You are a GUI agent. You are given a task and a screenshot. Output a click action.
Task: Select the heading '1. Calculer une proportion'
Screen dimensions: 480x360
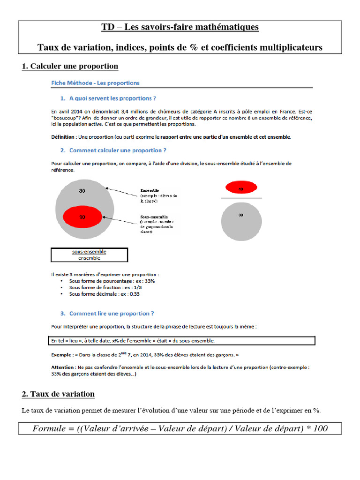pos(70,66)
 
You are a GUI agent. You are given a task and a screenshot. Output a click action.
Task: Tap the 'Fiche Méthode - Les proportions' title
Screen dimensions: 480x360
pos(95,83)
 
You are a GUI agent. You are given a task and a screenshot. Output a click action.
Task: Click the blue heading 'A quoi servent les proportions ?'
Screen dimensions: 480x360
pos(112,98)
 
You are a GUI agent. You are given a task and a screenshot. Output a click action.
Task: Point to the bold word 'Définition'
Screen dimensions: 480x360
pos(62,137)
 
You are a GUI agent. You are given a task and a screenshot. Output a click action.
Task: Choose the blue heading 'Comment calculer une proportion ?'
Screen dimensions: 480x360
pos(118,150)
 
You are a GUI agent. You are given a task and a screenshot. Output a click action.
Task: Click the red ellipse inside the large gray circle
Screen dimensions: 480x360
pos(82,217)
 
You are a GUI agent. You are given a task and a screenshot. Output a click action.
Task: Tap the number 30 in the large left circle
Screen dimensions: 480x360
pos(82,191)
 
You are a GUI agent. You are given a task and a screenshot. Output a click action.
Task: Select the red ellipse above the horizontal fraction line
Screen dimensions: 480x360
pos(241,188)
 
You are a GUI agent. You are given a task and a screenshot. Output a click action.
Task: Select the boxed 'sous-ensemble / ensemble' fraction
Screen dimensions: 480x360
pos(89,255)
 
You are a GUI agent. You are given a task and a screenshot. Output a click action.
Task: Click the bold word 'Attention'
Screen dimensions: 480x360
pos(62,367)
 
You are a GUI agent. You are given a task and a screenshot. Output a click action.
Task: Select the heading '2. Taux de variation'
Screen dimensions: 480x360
pos(58,394)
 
